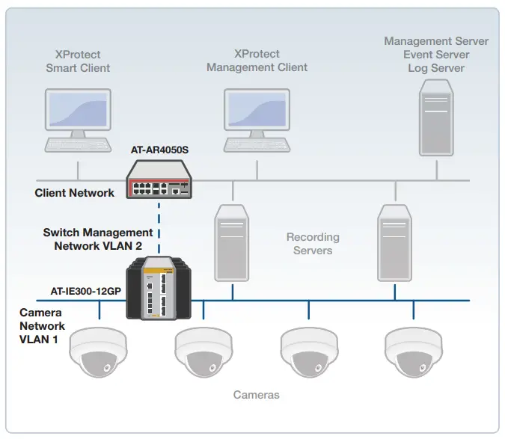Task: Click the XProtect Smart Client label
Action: pyautogui.click(x=78, y=61)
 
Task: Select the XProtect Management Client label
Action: pyautogui.click(x=257, y=61)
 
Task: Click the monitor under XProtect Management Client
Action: pyautogui.click(x=257, y=111)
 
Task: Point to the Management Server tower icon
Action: pyautogui.click(x=435, y=120)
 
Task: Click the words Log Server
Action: pyautogui.click(x=435, y=68)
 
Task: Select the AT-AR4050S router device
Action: pyautogui.click(x=159, y=180)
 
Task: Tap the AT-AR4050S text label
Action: pyautogui.click(x=159, y=150)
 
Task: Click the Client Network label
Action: pyautogui.click(x=75, y=193)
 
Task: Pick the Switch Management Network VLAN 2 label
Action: pyautogui.click(x=98, y=239)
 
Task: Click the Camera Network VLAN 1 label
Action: pyautogui.click(x=42, y=325)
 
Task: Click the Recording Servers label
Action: pyautogui.click(x=313, y=244)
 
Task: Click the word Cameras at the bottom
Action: pyautogui.click(x=257, y=394)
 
